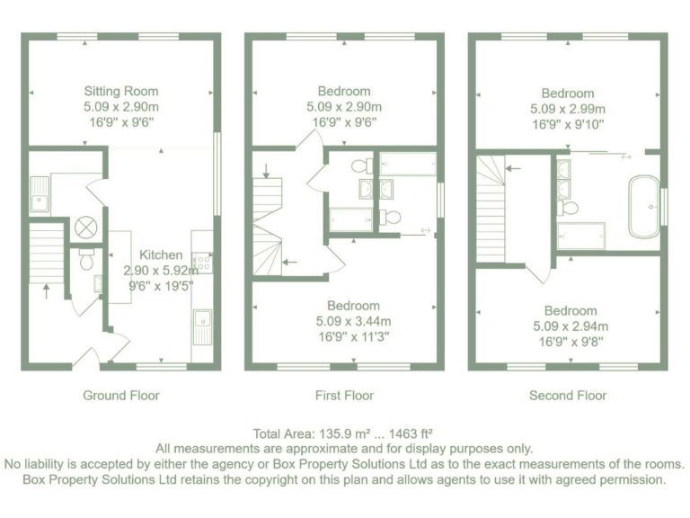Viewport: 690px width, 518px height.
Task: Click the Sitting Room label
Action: pos(120,91)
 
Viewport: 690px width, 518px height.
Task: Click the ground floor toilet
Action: pos(87,259)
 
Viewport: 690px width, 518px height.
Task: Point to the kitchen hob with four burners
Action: pos(202,261)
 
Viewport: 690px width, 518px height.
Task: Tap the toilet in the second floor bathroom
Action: pos(568,208)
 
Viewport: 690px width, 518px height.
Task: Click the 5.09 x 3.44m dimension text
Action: pos(353,321)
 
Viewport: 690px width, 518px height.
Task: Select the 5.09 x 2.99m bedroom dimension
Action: pos(567,109)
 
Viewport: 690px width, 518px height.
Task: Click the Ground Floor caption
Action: pos(120,395)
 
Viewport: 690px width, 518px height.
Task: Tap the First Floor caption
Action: pos(344,395)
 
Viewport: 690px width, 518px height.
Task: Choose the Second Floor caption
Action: pos(567,395)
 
